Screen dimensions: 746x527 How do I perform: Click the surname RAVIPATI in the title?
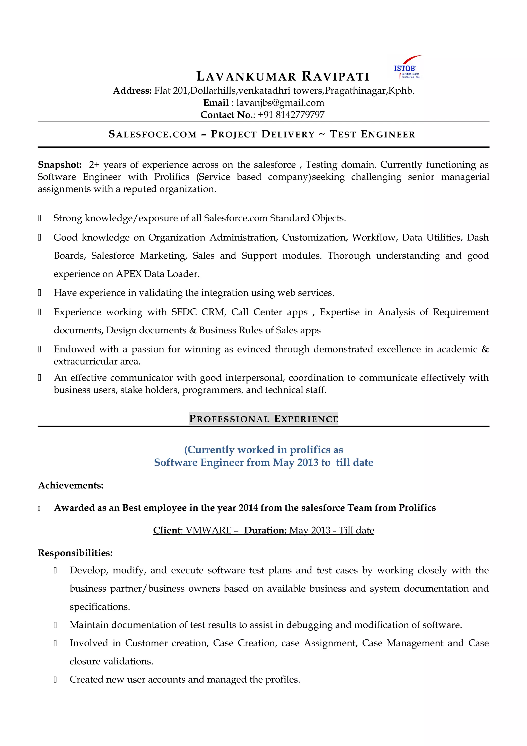coord(336,77)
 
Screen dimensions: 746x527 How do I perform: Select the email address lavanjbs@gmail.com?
coord(280,103)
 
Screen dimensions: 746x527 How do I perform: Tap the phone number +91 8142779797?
coord(291,115)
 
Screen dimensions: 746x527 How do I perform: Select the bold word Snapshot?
coord(60,165)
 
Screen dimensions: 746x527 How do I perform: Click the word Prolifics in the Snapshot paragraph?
coord(171,177)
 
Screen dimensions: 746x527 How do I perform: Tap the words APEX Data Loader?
coord(157,274)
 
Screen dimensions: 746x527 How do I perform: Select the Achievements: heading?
coord(71,485)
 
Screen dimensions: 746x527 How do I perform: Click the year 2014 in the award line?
coord(248,508)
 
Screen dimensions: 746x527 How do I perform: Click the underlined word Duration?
coord(265,530)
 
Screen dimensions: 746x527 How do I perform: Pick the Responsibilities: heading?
coord(75,553)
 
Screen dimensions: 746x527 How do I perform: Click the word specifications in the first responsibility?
coord(99,607)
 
